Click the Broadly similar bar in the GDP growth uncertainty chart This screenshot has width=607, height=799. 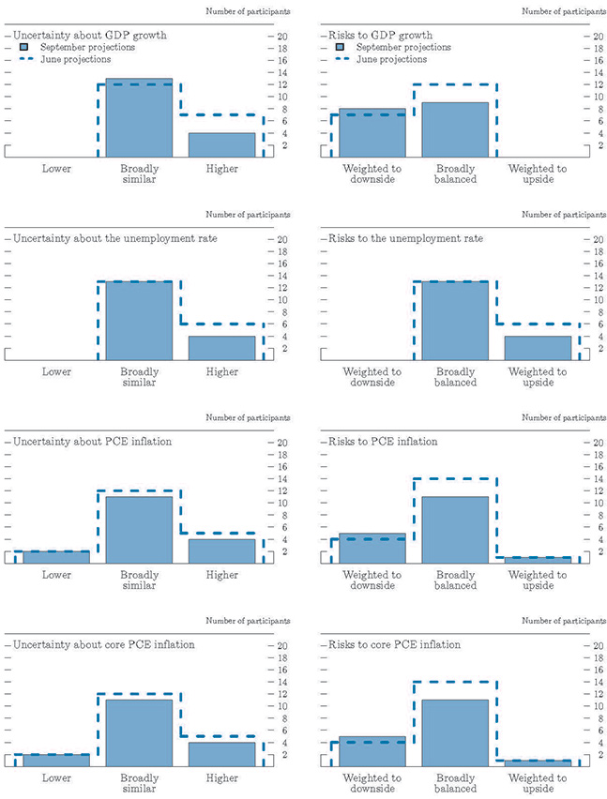click(x=139, y=118)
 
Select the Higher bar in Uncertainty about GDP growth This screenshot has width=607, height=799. click(x=221, y=144)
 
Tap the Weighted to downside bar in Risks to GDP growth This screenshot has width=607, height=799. click(x=372, y=132)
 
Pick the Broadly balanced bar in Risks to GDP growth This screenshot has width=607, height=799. click(x=455, y=129)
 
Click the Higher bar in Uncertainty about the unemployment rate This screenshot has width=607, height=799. click(x=221, y=348)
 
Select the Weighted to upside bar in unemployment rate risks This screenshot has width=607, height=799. click(x=538, y=348)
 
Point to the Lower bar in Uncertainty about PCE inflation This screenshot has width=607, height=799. click(x=56, y=557)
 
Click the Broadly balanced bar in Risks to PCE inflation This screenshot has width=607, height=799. click(x=455, y=530)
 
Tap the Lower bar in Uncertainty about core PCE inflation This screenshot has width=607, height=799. click(x=56, y=760)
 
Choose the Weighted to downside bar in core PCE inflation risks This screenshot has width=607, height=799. click(x=372, y=751)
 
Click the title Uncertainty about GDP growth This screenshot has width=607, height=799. click(x=90, y=36)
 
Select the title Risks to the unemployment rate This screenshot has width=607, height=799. click(x=406, y=238)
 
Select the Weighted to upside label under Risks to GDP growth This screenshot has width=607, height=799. click(x=538, y=175)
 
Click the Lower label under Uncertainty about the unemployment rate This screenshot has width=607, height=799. click(x=56, y=372)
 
